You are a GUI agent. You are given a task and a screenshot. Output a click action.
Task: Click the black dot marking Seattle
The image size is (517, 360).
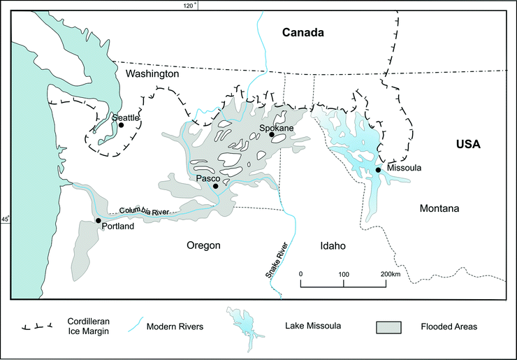click(x=121, y=125)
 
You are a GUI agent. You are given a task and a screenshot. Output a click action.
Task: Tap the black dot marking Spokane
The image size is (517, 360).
click(x=272, y=135)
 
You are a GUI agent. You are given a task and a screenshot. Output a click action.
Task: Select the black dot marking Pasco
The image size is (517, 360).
click(x=216, y=186)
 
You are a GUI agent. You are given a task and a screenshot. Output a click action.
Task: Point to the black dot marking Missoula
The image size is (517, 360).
click(x=378, y=170)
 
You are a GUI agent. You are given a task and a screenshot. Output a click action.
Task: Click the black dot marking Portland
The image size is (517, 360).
click(x=98, y=220)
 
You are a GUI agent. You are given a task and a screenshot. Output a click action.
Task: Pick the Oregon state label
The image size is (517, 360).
click(x=203, y=245)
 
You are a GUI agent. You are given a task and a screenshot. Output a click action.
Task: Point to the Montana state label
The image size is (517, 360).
click(x=442, y=208)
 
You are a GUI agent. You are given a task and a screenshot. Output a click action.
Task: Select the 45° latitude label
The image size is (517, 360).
click(x=5, y=219)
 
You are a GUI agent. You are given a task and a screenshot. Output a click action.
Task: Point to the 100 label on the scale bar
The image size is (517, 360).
click(x=344, y=273)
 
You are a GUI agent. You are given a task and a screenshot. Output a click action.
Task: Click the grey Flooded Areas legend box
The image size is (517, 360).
click(x=389, y=326)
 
